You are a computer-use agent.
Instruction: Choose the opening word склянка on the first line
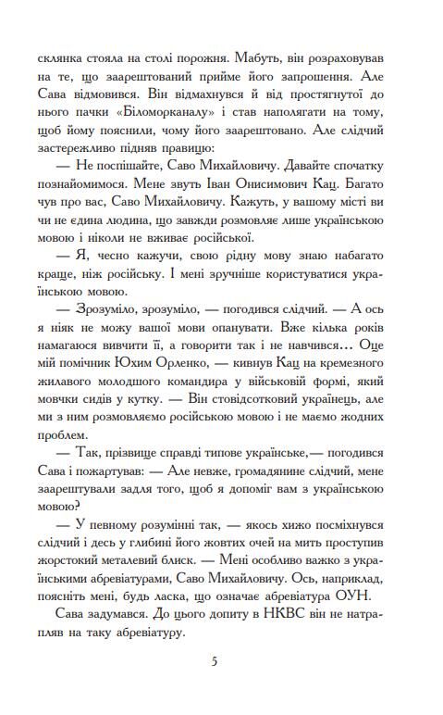[55, 52]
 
